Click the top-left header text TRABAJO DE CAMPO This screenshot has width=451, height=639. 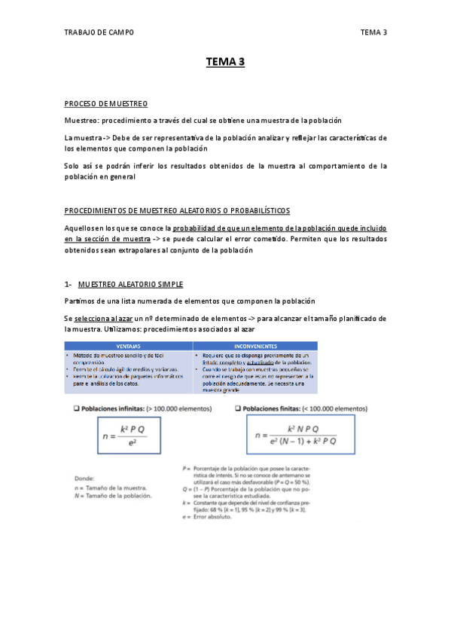[x=99, y=32]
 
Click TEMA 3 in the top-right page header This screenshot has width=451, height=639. [x=373, y=32]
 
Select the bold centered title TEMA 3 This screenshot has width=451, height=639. [x=226, y=63]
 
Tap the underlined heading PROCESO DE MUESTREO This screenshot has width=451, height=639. [x=105, y=103]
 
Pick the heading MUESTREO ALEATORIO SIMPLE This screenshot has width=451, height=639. [x=130, y=284]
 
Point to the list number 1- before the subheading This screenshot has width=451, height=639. [x=69, y=284]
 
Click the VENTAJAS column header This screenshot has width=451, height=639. [x=127, y=346]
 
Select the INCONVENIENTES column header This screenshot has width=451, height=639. [x=254, y=346]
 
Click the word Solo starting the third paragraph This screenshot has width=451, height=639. [x=72, y=166]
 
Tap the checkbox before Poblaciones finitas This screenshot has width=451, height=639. [x=238, y=408]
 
